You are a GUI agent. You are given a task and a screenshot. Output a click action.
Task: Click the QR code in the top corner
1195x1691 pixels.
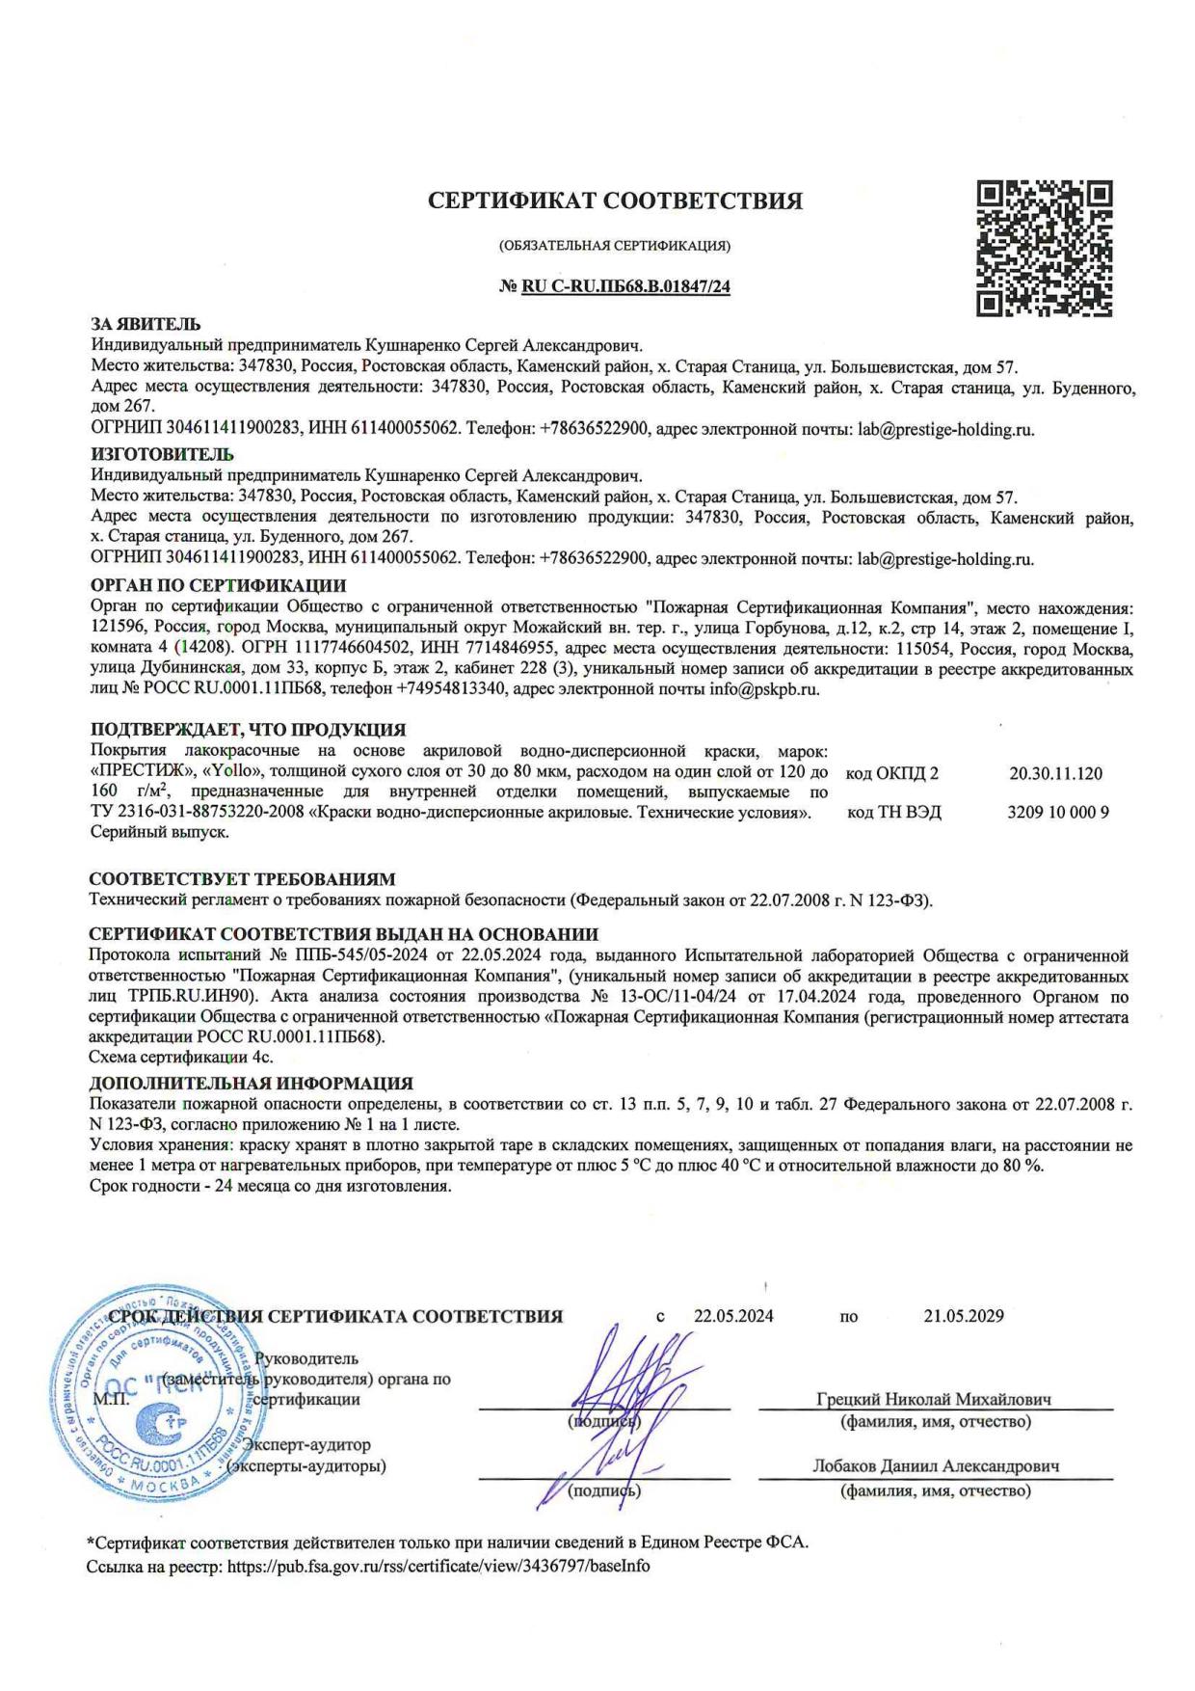coord(1045,248)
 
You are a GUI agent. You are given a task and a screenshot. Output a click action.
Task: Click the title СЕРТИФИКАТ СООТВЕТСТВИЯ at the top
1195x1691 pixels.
coord(615,201)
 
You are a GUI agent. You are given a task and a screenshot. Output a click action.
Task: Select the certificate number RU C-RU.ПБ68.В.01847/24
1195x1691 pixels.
coord(624,286)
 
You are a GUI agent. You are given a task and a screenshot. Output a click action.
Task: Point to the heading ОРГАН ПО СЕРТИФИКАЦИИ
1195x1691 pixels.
coord(218,585)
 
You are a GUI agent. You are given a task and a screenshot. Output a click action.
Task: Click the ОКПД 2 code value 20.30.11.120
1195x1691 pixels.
coord(1055,773)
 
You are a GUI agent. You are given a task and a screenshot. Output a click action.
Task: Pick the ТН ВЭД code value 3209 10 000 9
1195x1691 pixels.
coord(1057,812)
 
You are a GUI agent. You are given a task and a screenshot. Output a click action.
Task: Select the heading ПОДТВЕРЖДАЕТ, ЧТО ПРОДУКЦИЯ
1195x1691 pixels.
coord(248,729)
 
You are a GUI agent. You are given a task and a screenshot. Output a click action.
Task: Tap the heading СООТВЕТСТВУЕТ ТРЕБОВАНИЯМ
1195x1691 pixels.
coord(242,879)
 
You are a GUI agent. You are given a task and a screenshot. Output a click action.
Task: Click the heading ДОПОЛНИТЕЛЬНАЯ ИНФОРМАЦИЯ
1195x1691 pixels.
coord(251,1084)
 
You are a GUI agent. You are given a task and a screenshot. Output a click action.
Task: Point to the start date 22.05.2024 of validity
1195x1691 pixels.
coord(732,1316)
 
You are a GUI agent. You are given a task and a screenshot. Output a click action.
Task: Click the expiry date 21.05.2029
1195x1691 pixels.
coord(963,1316)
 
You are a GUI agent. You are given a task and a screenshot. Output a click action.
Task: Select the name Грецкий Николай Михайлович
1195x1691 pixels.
coord(933,1399)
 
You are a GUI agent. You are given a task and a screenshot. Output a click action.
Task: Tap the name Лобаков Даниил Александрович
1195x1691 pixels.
coord(936,1466)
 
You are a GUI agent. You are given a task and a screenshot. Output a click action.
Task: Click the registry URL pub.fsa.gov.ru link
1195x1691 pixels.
coord(438,1567)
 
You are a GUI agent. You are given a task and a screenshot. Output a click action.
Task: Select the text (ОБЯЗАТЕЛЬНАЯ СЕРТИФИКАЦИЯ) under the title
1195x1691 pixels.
coord(614,246)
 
